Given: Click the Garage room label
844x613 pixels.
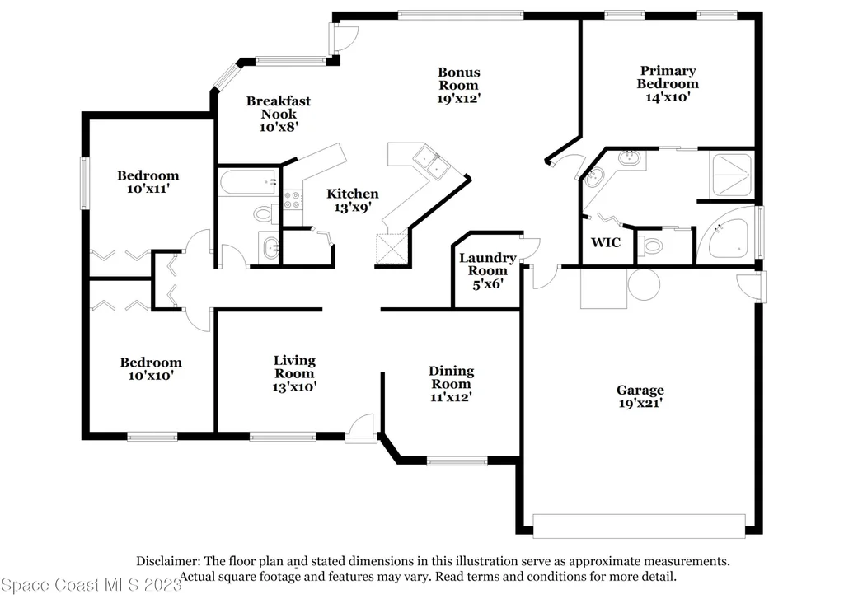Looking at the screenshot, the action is [640, 390].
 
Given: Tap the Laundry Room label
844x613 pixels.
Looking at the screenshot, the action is [488, 264].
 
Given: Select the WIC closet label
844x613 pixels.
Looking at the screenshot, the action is [606, 243].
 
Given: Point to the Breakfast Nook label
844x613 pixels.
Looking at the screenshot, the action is [279, 107].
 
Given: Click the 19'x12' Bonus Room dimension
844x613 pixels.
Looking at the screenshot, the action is [458, 99].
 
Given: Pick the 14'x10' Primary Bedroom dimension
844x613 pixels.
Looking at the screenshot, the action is [668, 97].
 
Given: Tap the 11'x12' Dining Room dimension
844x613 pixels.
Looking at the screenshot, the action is [451, 397].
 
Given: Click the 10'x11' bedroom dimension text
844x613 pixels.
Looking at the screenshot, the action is [148, 189].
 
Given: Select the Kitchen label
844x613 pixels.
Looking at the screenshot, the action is [353, 194].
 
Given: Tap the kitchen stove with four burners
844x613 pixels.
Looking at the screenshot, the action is [293, 199].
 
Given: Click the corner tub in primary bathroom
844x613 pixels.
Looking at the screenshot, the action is [727, 237].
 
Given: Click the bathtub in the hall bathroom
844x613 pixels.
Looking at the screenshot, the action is [249, 183].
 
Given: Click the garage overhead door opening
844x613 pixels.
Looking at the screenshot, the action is [639, 526].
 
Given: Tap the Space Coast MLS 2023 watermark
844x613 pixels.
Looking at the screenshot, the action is [91, 584].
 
